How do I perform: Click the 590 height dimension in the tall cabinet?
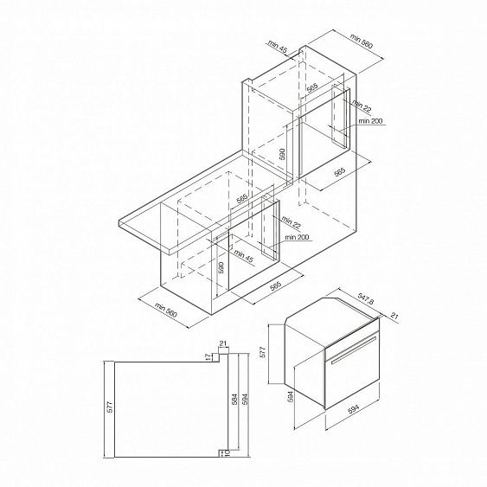(x=282, y=154)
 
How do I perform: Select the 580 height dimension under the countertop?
(x=221, y=267)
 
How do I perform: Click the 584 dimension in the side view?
(x=234, y=399)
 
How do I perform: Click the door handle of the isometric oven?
(x=354, y=350)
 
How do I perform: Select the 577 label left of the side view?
(x=111, y=407)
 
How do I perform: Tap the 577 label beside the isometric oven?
(x=263, y=353)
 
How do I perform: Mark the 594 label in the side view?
(x=245, y=399)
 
